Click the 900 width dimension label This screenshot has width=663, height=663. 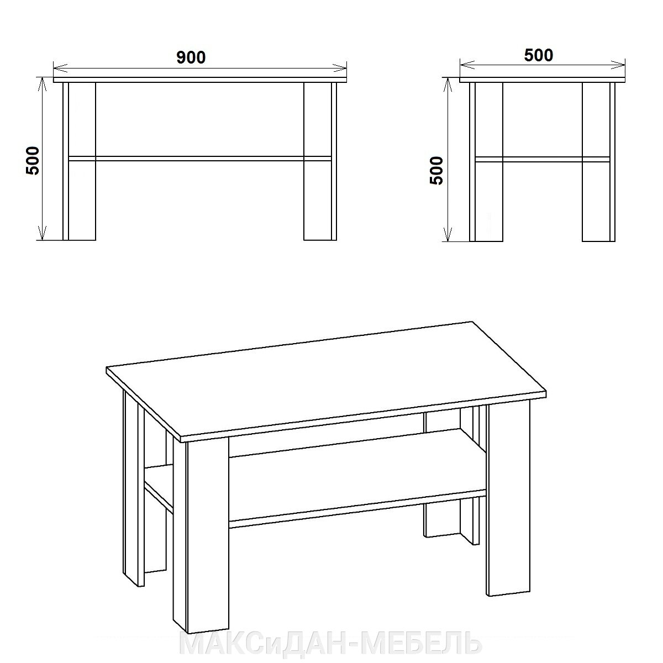(191, 57)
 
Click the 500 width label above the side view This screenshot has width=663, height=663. (539, 55)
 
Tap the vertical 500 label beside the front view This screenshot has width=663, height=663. (33, 161)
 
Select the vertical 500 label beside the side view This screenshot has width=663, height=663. (437, 171)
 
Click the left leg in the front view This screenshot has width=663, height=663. (80, 161)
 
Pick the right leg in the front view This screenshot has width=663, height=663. (320, 161)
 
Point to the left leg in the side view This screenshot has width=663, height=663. (486, 162)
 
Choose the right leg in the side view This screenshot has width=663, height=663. (599, 162)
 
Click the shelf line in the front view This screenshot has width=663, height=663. (200, 159)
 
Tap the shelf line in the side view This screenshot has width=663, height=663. (542, 159)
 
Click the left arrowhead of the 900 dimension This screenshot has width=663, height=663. (61, 68)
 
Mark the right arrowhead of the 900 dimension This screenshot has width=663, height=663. (340, 68)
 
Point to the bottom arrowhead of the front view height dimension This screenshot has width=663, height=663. (42, 233)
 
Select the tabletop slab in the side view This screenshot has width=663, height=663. (542, 80)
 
